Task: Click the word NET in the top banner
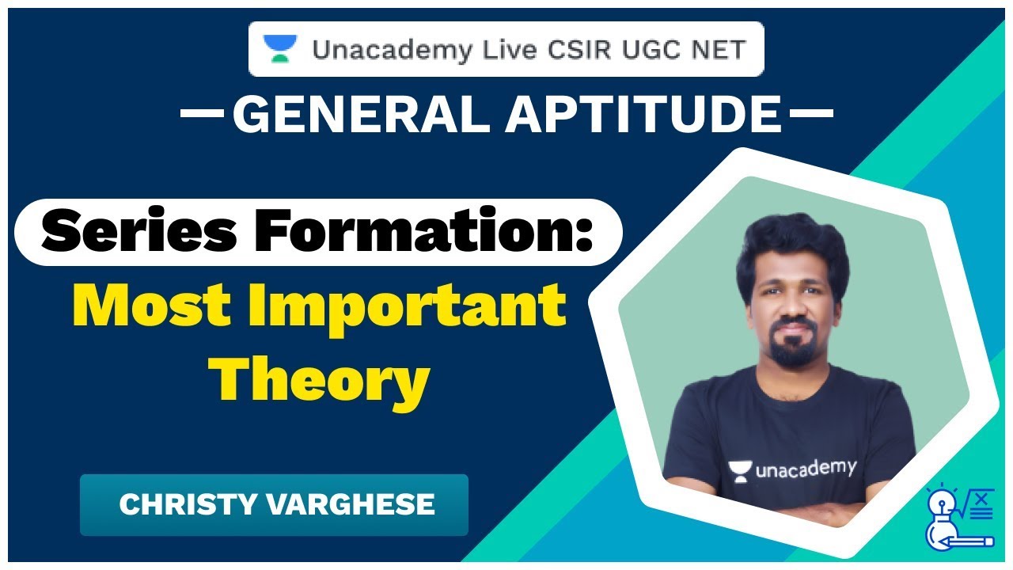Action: pos(716,49)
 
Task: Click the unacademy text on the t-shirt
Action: pos(806,469)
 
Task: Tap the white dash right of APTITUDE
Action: pos(811,114)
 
